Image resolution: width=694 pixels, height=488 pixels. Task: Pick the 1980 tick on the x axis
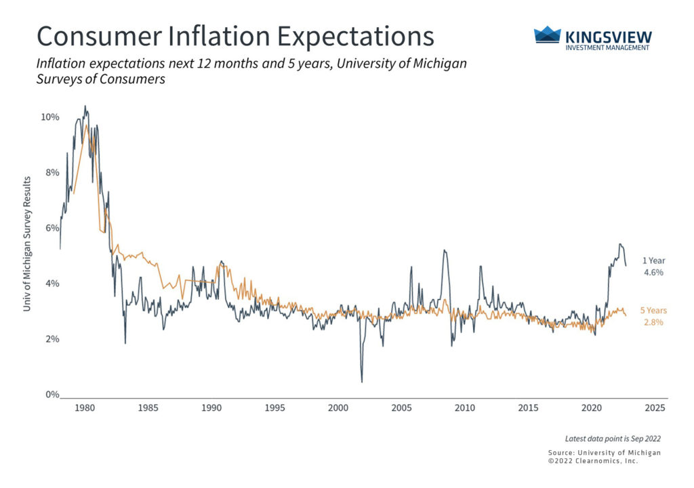[x=85, y=408]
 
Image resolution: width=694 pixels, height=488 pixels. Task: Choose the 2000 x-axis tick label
[x=338, y=408]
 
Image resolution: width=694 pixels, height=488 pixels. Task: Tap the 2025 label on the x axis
[x=655, y=408]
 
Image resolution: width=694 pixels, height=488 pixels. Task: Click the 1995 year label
[x=274, y=408]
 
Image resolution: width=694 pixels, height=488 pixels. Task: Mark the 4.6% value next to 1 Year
[x=653, y=272]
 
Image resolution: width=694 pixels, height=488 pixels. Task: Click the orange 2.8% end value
[x=653, y=322]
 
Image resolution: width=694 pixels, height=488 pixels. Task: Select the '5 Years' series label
[x=653, y=311]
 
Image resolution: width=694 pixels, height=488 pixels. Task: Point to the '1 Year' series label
[x=653, y=261]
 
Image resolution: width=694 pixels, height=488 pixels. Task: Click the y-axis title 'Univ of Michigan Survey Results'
[x=28, y=244]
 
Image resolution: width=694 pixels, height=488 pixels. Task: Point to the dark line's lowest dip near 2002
[x=361, y=382]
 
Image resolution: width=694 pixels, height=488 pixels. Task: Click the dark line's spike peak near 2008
[x=444, y=250]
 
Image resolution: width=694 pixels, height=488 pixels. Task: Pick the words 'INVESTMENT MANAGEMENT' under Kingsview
[x=607, y=47]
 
